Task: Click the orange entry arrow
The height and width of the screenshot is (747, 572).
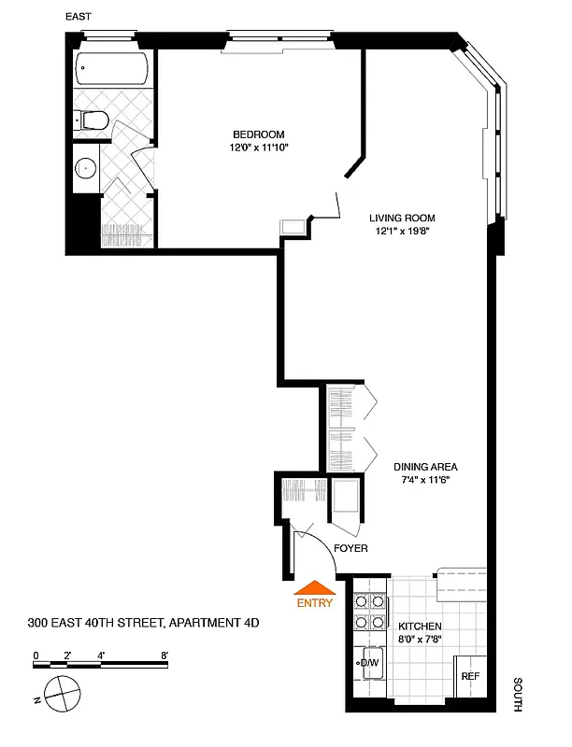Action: click(314, 587)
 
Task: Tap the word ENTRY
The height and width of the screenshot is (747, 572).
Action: click(314, 603)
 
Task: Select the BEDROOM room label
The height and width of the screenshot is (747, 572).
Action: click(259, 134)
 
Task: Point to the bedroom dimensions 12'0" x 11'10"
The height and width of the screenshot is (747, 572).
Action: click(259, 147)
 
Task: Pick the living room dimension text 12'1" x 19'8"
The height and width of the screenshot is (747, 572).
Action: click(403, 230)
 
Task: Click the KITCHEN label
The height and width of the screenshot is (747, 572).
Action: click(419, 627)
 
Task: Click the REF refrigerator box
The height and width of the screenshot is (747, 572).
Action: click(470, 677)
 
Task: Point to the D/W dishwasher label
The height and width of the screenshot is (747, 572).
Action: click(370, 663)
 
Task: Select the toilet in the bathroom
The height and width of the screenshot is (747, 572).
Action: click(94, 120)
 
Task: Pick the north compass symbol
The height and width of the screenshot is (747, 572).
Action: click(62, 696)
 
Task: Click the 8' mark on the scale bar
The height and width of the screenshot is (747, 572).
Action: click(164, 655)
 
